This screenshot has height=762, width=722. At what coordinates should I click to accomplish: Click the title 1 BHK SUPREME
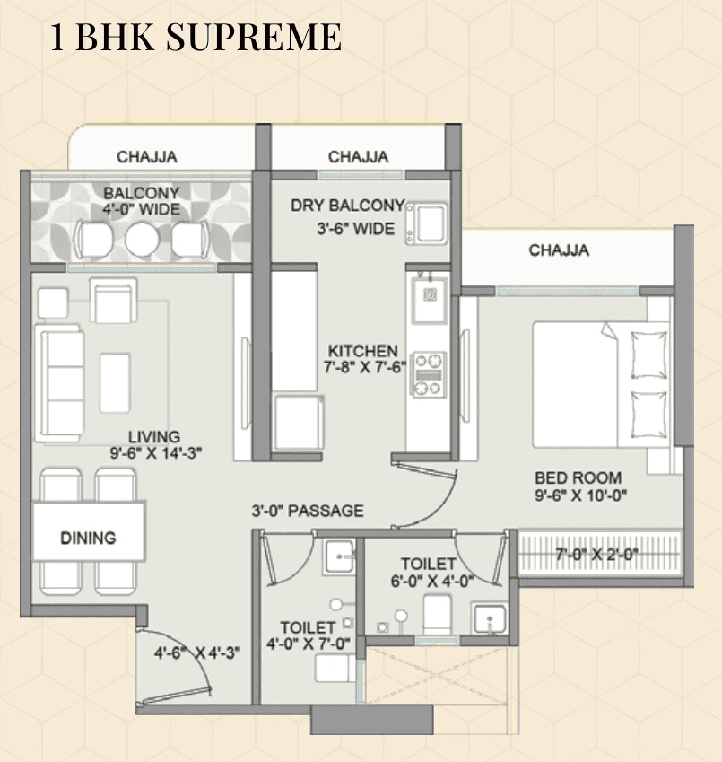coord(195,38)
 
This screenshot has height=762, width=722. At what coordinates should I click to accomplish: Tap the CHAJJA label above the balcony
coord(146,156)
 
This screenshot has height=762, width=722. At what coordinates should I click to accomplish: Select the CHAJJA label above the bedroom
coord(559,250)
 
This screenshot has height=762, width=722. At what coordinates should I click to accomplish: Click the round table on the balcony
coord(141,239)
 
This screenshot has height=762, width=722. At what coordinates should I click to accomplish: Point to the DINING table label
coord(88,539)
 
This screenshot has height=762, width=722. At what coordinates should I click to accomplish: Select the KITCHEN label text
coord(362,351)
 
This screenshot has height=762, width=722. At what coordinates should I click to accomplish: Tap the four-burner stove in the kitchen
coord(429,374)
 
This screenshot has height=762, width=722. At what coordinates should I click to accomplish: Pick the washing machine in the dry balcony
coord(426,222)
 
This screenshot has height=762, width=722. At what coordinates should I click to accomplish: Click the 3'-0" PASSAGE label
coord(308,511)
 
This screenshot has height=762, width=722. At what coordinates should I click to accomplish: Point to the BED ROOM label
coord(578,478)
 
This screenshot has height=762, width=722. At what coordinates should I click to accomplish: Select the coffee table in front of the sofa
coord(115,382)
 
